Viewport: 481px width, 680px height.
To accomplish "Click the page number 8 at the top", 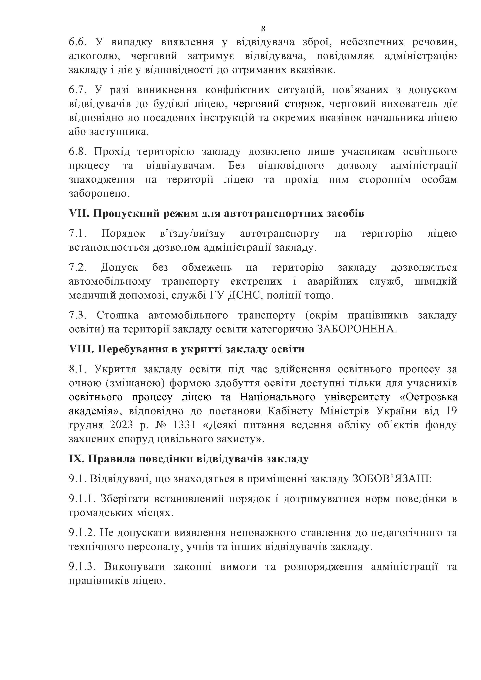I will pyautogui.click(x=263, y=29).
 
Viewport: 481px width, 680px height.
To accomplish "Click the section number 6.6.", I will pyautogui.click(x=77, y=42).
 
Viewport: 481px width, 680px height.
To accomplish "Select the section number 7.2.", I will pyautogui.click(x=77, y=268).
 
